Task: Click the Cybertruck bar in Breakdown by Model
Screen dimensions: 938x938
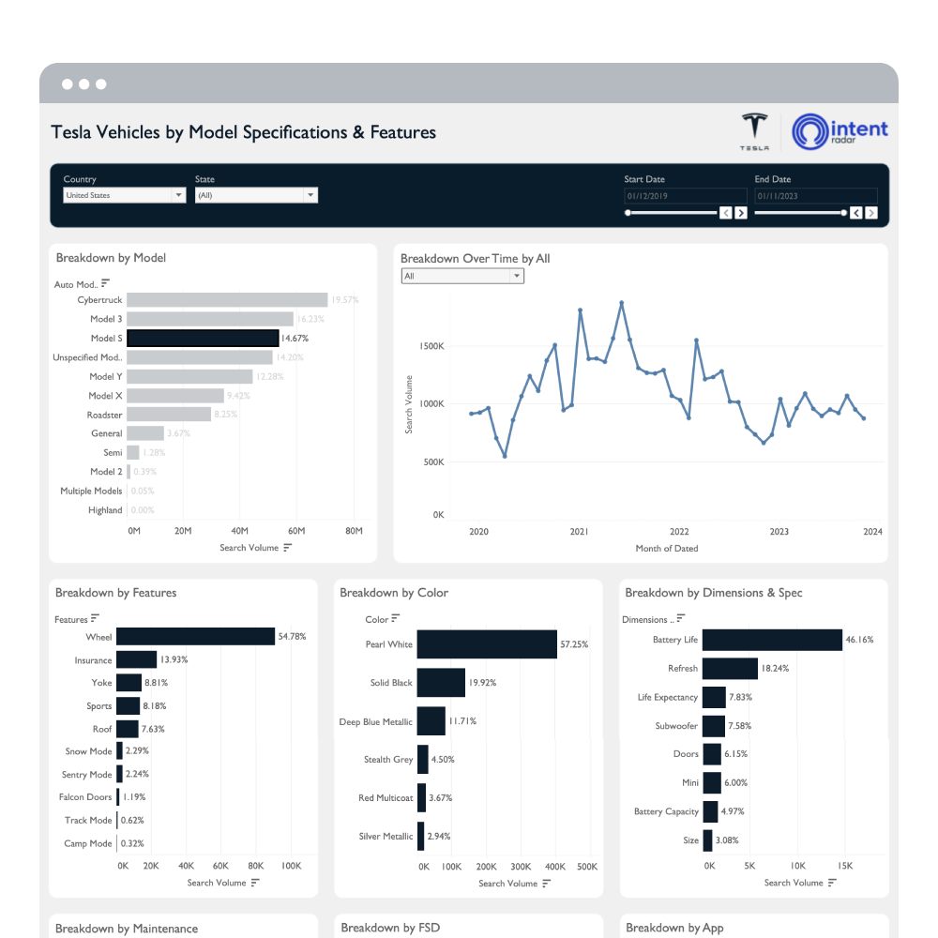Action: (227, 300)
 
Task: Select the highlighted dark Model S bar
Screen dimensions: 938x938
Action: (203, 338)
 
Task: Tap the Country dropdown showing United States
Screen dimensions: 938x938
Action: (124, 195)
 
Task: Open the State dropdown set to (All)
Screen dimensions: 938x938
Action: (256, 195)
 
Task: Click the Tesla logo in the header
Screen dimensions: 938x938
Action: (754, 131)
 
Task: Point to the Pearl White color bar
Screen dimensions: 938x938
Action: (487, 644)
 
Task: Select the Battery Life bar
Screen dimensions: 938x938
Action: (772, 640)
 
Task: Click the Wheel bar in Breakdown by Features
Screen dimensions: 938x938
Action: (195, 637)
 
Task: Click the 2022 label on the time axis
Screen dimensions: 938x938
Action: (679, 532)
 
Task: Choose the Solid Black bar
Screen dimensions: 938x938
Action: (441, 683)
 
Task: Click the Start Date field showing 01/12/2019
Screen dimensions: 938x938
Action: (672, 196)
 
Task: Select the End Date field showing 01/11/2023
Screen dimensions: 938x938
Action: (815, 196)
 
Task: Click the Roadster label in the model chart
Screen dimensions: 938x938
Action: (105, 415)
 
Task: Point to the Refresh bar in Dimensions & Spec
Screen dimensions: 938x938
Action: (730, 669)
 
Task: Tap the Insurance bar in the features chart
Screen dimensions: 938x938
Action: (136, 660)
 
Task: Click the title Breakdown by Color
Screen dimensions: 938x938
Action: (394, 593)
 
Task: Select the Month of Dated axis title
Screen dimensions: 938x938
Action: (666, 549)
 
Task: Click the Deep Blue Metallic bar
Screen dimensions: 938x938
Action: (431, 721)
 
